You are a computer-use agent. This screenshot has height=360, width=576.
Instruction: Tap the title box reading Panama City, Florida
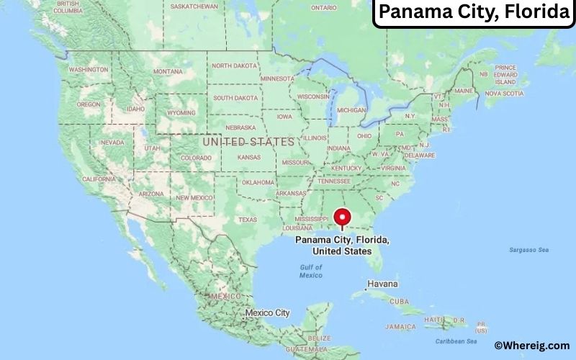click(x=472, y=13)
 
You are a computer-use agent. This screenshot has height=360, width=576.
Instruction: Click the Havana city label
click(x=382, y=284)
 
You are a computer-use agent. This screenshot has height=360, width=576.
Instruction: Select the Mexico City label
click(x=267, y=313)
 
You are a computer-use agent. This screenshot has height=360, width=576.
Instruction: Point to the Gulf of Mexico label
click(x=311, y=271)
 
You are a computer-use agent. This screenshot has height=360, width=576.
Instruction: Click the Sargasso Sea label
click(x=529, y=250)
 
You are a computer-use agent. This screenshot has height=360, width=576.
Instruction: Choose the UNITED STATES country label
click(x=248, y=142)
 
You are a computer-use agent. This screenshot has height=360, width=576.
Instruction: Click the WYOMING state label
click(x=181, y=113)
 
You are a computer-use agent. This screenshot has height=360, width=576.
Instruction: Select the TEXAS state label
click(x=248, y=220)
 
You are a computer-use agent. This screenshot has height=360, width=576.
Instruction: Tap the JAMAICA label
click(x=400, y=326)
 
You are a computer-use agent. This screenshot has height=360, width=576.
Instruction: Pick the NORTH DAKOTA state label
click(x=235, y=66)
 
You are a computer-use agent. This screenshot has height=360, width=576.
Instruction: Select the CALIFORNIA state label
click(x=101, y=179)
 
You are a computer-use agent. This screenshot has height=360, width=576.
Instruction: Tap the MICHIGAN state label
click(x=351, y=110)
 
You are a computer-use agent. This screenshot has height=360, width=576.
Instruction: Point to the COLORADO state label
click(x=196, y=158)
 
